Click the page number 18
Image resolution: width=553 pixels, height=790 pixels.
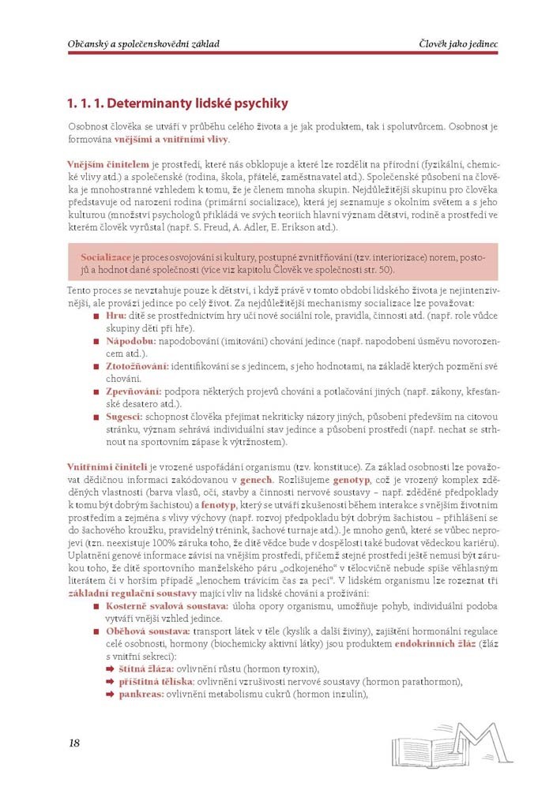74,743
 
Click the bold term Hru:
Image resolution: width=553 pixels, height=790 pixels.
115,315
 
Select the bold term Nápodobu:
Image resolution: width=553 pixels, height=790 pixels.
130,341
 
